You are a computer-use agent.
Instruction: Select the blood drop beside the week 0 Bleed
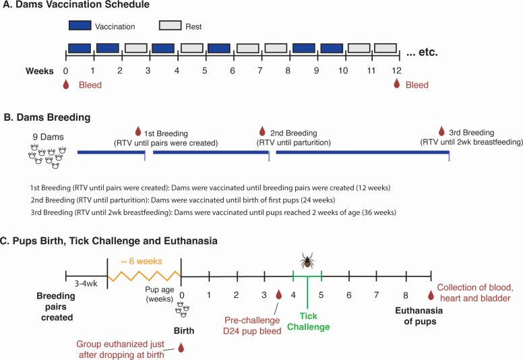(x=65, y=86)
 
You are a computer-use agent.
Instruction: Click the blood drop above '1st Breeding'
(x=138, y=131)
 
